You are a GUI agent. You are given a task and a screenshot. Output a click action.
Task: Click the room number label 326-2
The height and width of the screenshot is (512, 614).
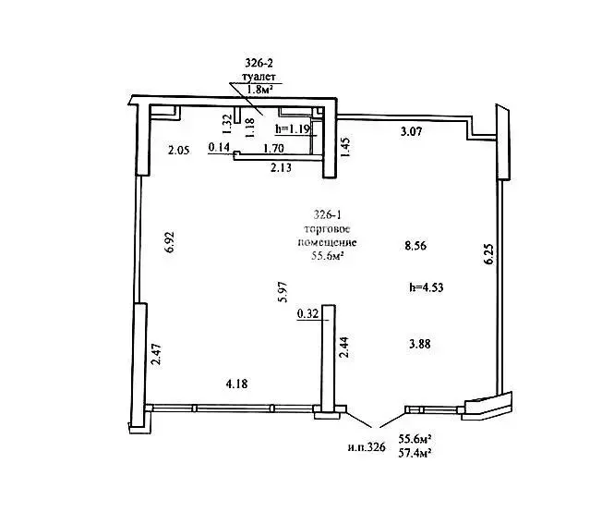258,63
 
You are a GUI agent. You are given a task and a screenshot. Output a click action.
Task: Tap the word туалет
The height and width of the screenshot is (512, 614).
259,77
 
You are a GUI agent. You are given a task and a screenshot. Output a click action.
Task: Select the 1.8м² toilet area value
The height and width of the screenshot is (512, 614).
259,91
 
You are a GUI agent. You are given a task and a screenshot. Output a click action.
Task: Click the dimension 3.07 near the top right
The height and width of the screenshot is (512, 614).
411,131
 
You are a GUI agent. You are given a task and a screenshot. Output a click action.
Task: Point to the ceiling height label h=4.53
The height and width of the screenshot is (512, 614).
426,287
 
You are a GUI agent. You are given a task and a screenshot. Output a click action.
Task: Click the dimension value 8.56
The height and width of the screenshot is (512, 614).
415,246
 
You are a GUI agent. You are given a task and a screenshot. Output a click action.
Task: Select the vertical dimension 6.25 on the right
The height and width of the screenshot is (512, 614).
488,255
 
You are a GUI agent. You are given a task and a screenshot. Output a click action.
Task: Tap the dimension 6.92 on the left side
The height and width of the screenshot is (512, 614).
170,243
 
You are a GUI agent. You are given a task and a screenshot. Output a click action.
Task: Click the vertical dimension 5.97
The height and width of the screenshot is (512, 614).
283,292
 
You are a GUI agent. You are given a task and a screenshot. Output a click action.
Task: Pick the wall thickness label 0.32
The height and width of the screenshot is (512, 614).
308,313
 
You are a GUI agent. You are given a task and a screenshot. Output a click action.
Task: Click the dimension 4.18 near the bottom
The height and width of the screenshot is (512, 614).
236,384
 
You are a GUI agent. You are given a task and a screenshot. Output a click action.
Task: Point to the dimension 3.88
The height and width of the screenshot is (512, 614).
419,344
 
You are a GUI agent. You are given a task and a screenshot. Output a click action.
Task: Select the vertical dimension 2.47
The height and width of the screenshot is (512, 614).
156,354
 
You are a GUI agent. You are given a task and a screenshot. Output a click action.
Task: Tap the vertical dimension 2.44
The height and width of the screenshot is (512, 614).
343,347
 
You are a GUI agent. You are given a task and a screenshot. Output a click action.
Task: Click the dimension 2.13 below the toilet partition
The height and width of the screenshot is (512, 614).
281,167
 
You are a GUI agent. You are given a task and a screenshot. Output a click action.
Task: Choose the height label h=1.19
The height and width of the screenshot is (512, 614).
294,128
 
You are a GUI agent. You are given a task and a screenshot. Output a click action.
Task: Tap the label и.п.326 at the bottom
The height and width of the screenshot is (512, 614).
367,447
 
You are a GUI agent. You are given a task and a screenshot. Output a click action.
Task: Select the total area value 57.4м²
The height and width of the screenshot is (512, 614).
415,453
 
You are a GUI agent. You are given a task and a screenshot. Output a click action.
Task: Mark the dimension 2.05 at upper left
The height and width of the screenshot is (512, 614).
178,150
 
